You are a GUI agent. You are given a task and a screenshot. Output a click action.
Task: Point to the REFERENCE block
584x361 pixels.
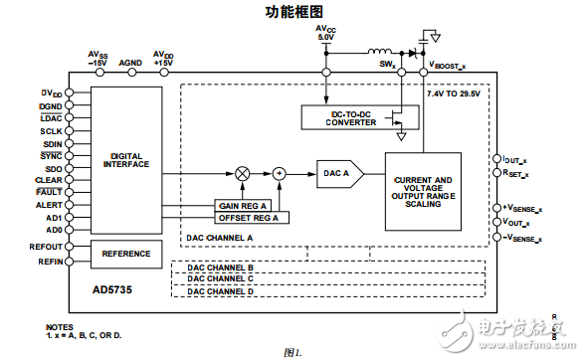click(126, 254)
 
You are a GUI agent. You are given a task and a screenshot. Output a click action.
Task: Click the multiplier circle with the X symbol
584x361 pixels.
click(242, 173)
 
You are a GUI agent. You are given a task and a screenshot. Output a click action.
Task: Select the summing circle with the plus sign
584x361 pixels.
click(281, 173)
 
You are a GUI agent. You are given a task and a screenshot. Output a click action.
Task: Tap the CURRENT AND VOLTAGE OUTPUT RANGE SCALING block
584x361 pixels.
click(423, 191)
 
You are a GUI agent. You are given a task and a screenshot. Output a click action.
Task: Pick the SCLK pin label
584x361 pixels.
click(52, 131)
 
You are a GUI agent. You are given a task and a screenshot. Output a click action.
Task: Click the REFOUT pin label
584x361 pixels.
click(47, 245)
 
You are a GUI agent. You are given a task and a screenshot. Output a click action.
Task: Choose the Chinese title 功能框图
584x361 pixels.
click(295, 12)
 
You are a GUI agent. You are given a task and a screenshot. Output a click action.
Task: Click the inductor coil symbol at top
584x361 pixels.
click(380, 53)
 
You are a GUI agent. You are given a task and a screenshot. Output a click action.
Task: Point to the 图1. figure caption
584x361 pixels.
click(292, 352)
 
